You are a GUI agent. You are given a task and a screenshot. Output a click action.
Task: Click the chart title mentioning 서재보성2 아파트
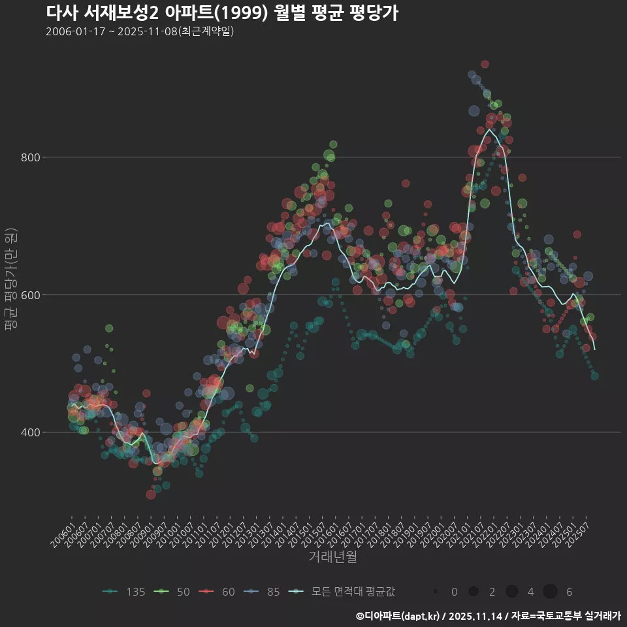pos(222,12)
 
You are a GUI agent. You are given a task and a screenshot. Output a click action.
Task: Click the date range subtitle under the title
pos(140,31)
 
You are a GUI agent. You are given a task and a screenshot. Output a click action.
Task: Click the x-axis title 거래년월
pos(332,557)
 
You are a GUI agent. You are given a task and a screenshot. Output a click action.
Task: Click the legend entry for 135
pos(124,592)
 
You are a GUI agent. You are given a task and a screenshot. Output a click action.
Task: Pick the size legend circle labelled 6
pos(550,592)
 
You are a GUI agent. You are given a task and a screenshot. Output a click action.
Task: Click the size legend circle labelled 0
pos(435,592)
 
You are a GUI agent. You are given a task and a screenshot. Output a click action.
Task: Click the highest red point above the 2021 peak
pos(485,64)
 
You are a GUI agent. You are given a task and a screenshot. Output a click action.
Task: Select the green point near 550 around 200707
pos(109,328)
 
